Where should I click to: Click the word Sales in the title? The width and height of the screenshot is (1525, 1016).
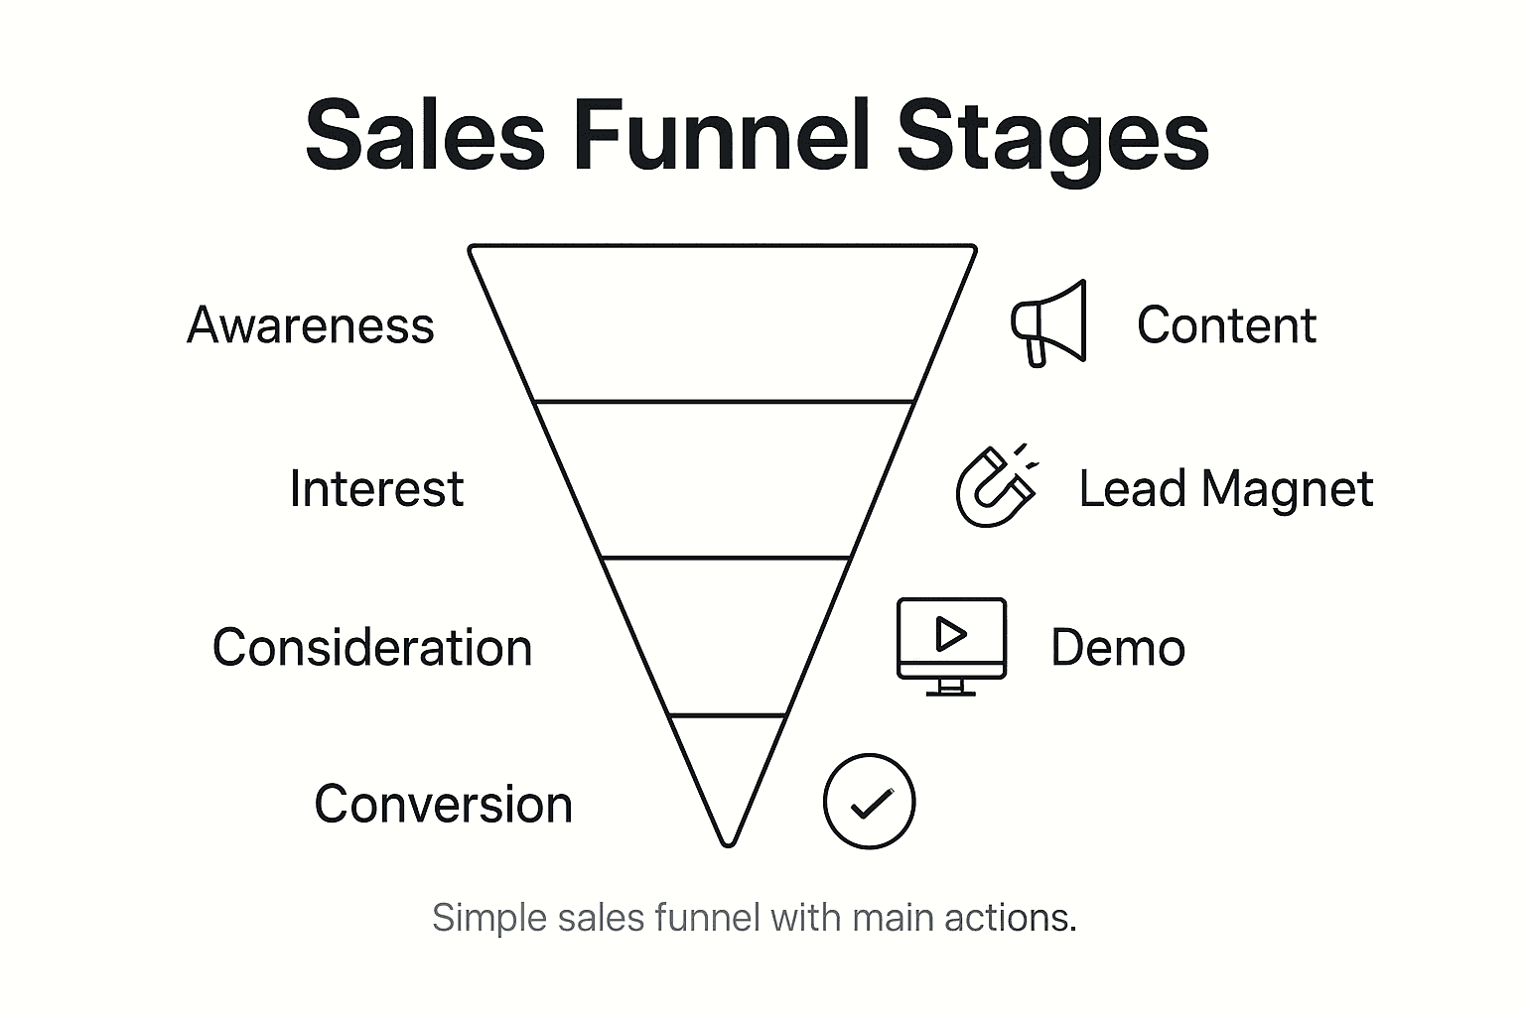point(425,136)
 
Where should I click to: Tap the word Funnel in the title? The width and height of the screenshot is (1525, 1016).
point(721,136)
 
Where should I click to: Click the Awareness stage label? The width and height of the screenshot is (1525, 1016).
point(311,325)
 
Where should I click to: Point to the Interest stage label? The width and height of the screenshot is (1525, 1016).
point(376,489)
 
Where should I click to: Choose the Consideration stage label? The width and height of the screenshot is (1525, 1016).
point(372,648)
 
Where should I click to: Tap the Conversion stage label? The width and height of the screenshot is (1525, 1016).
point(443,805)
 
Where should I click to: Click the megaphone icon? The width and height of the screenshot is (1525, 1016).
point(1049,323)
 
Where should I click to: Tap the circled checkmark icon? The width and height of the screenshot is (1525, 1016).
point(869,802)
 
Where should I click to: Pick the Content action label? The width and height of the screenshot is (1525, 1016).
point(1226,325)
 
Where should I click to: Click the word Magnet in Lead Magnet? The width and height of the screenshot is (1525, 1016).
point(1287,489)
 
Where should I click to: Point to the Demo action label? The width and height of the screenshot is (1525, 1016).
point(1118,648)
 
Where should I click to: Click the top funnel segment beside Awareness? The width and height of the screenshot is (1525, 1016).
point(724,323)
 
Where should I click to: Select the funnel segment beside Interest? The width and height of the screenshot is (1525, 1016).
point(724,480)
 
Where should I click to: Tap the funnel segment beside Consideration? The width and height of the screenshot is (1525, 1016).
point(726,635)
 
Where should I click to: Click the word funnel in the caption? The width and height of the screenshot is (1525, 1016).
point(708,918)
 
